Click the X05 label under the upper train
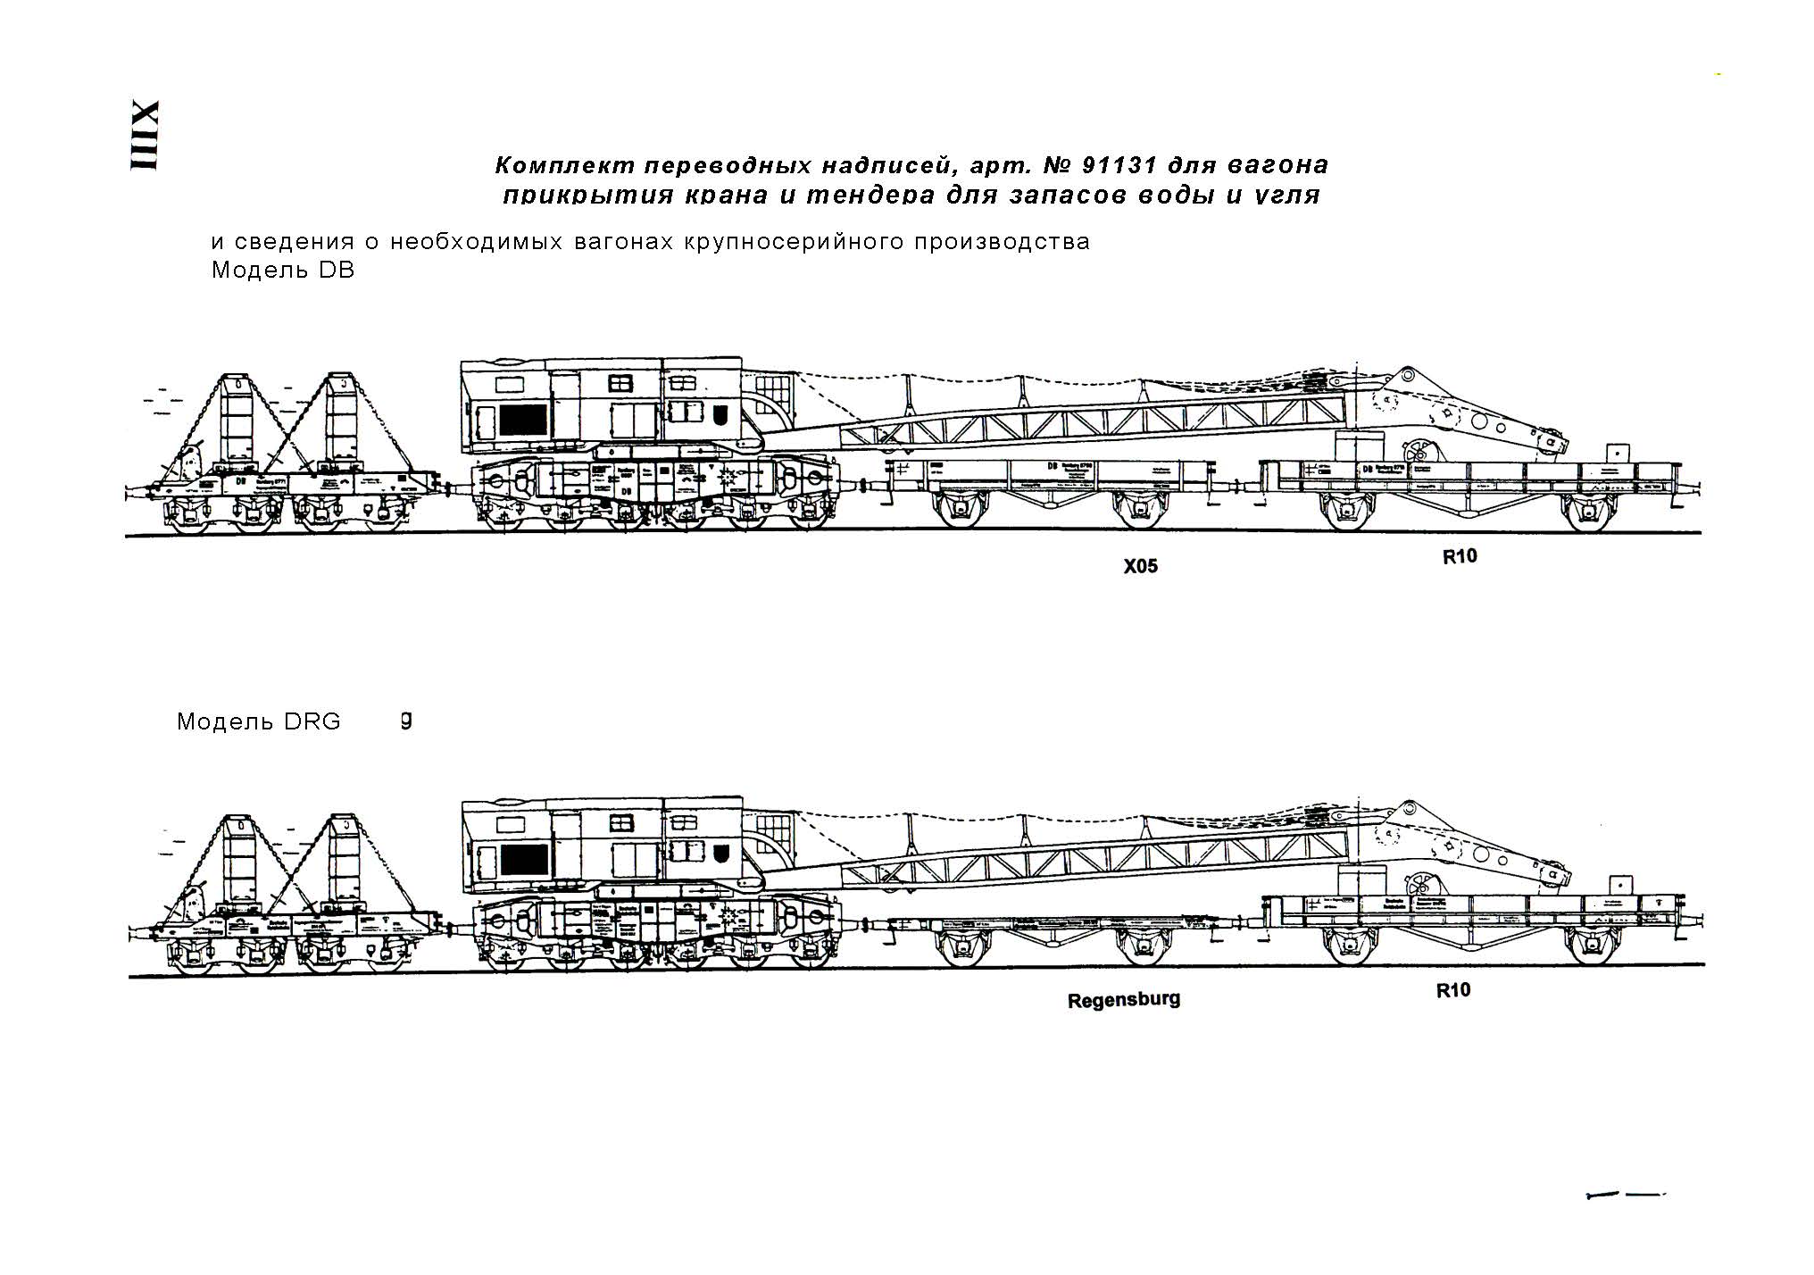(1140, 566)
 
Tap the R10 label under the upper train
(1460, 556)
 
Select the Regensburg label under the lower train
(1123, 999)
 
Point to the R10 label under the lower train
(1452, 990)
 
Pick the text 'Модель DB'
(283, 270)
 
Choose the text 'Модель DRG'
(259, 721)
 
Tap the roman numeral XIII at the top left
(145, 136)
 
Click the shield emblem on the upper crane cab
(722, 415)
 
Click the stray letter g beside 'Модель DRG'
(406, 720)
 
